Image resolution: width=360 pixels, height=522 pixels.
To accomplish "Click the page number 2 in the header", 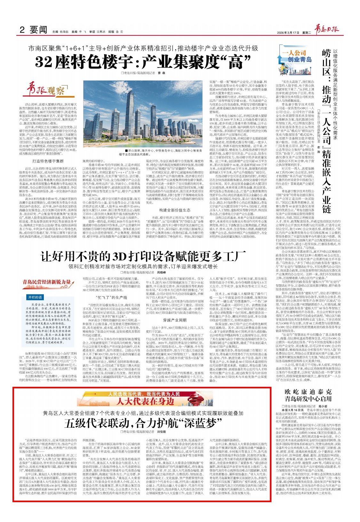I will [x=22, y=30].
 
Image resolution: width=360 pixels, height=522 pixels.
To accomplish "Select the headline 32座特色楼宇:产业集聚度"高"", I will [x=143, y=62].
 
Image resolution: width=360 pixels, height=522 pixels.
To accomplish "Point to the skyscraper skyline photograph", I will [x=143, y=113].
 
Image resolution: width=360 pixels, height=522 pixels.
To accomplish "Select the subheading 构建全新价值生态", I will [x=175, y=210].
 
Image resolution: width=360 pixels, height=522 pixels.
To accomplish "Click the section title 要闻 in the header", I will [x=39, y=30].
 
